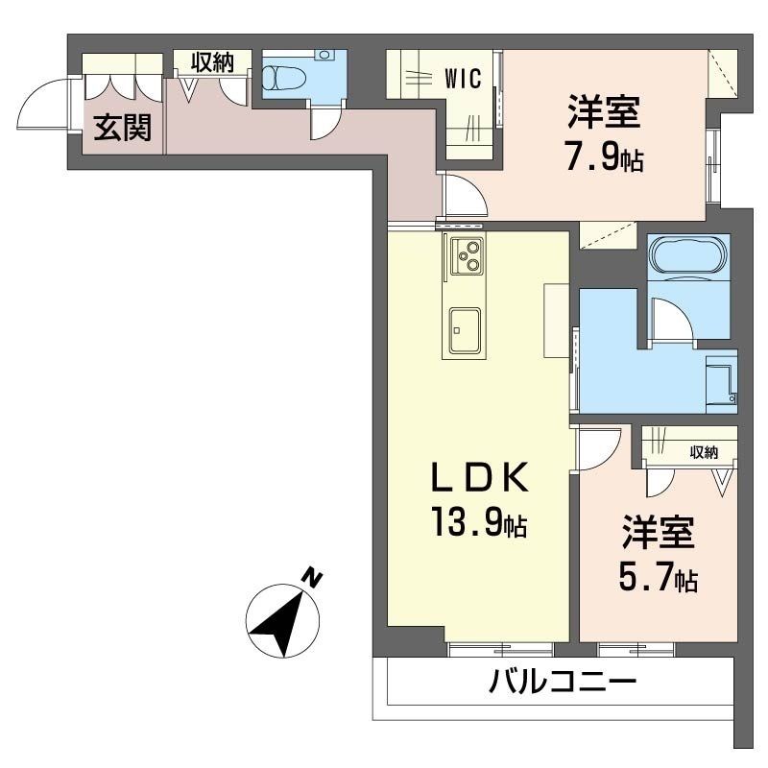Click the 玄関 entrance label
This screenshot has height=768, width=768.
tap(122, 128)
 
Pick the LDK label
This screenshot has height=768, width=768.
tap(479, 477)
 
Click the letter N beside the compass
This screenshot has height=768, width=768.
tap(312, 577)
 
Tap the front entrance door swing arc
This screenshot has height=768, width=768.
tap(43, 105)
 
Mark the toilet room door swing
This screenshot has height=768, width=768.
tap(324, 123)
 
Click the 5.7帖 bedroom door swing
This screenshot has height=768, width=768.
tap(597, 448)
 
